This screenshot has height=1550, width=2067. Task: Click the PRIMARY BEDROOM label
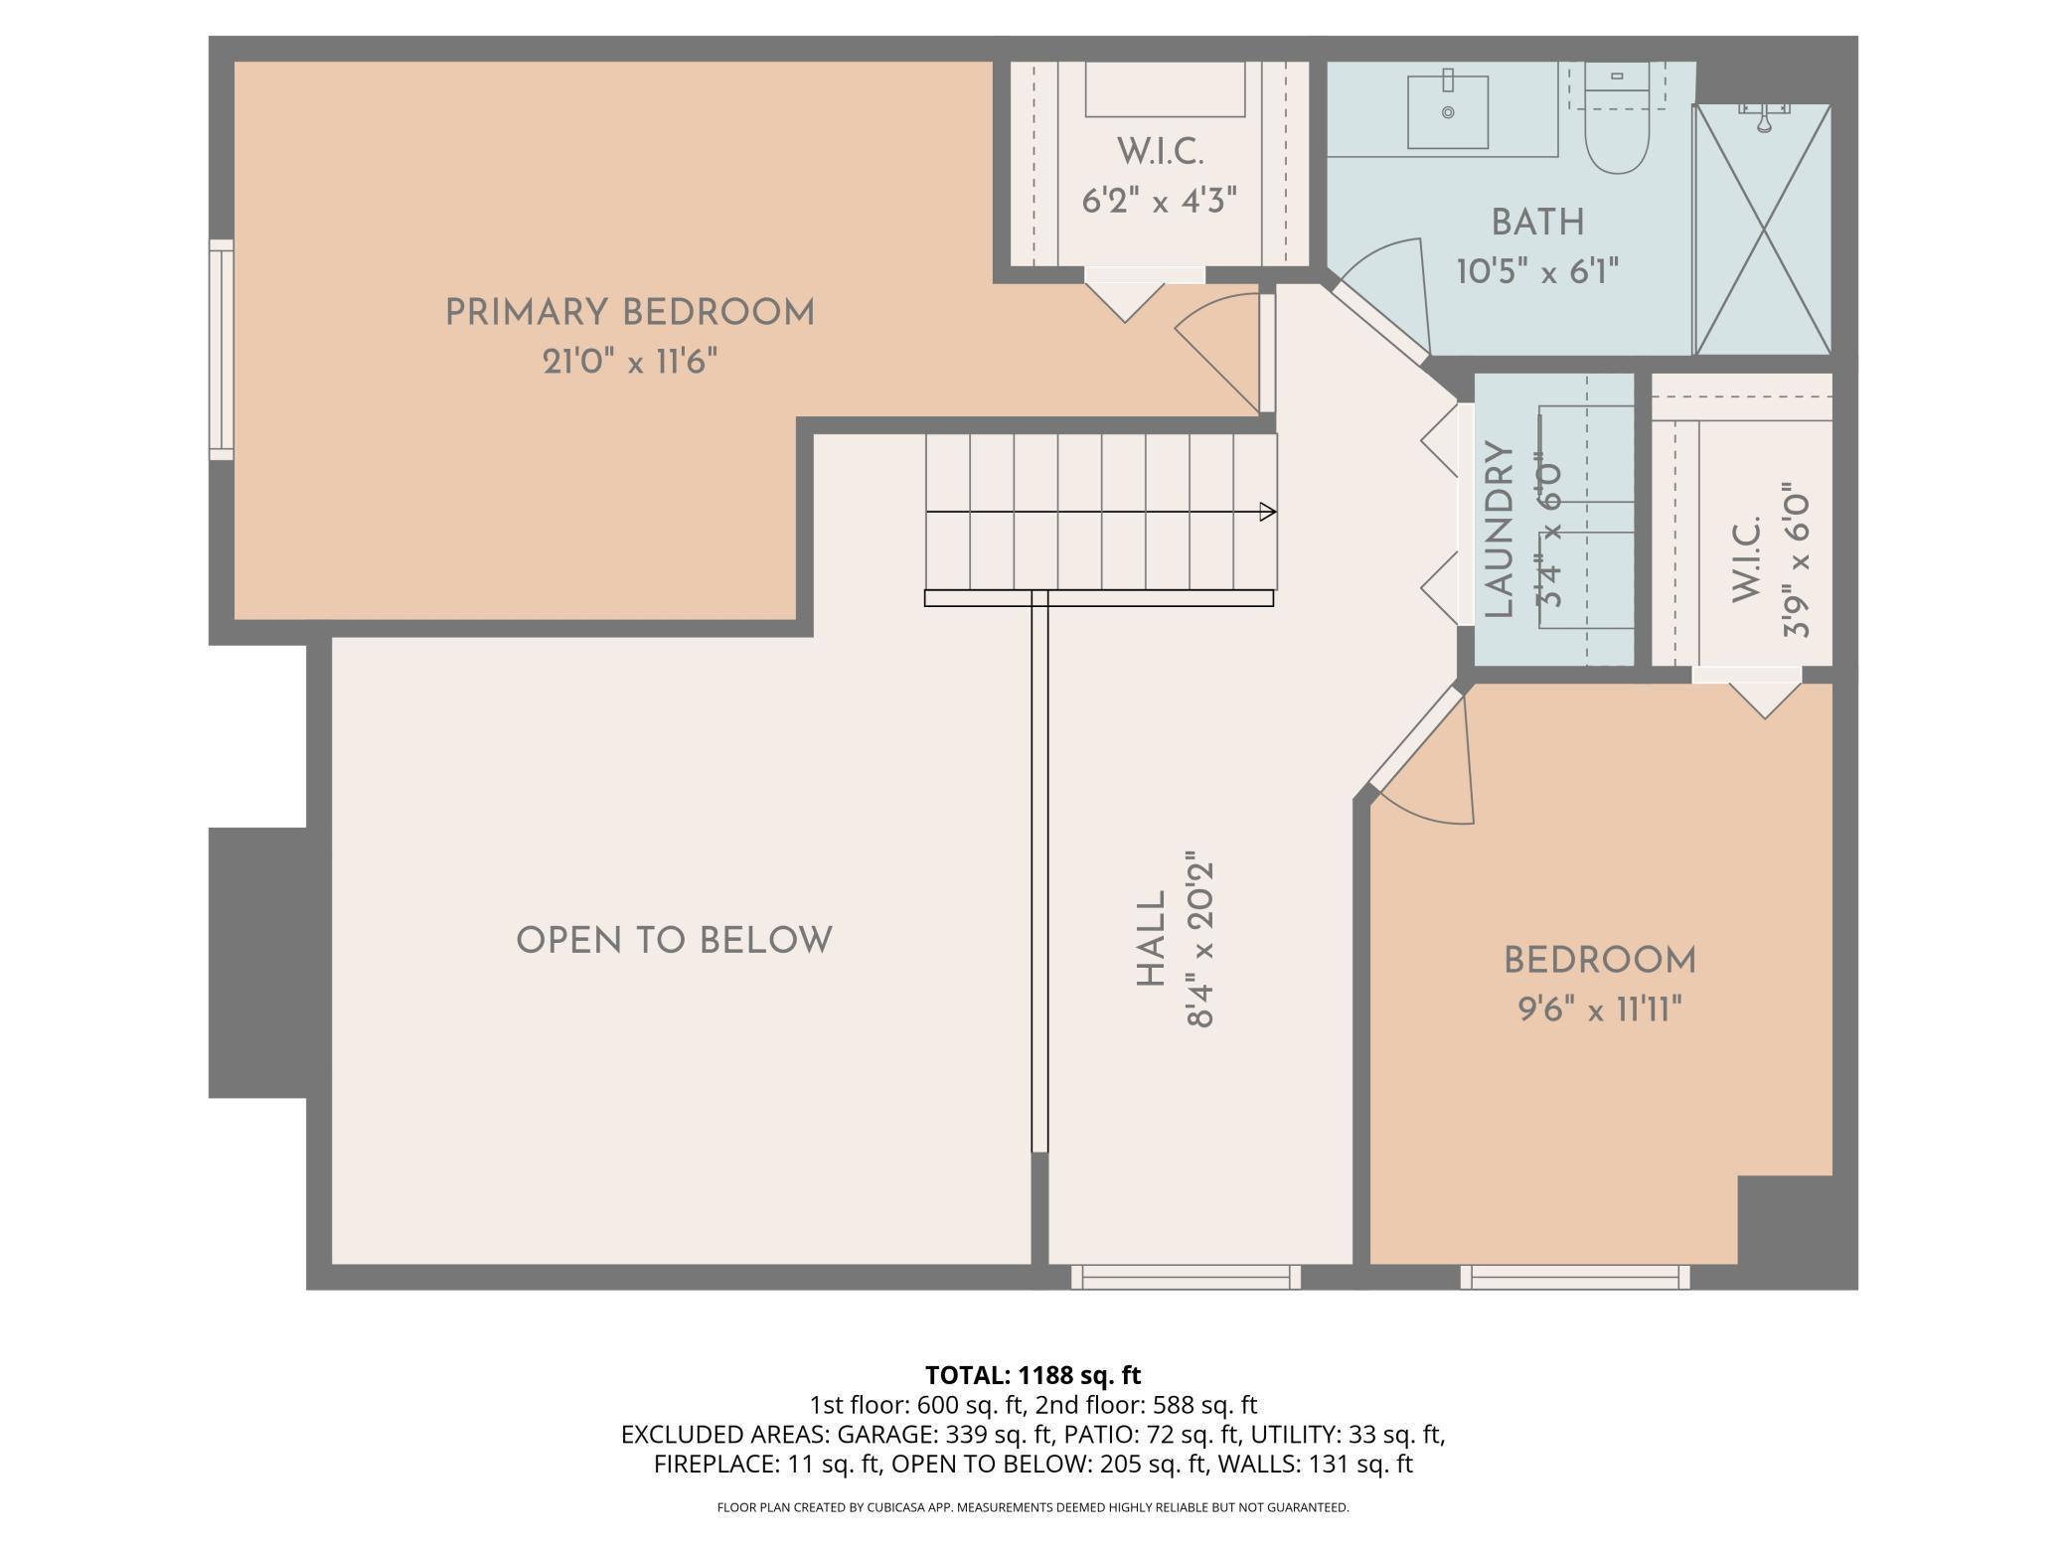pos(629,313)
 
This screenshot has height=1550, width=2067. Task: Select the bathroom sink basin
pos(1448,112)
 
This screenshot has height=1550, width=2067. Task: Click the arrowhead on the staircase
pos(1268,512)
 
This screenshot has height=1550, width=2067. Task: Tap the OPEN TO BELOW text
pos(674,940)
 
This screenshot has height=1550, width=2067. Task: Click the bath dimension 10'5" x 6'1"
pos(1537,271)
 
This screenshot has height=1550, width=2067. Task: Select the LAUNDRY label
pos(1499,530)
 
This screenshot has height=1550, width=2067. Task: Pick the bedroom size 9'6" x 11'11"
pos(1599,1010)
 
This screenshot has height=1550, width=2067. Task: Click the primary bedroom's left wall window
pos(221,350)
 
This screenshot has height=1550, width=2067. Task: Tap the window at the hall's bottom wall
pos(1186,1277)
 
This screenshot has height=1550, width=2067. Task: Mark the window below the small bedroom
pos(1575,1277)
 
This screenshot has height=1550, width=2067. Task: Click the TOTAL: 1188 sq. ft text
pos(1033,1375)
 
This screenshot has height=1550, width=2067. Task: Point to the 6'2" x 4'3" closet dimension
pos(1160,202)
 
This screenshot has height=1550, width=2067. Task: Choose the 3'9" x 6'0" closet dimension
pos(1796,561)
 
